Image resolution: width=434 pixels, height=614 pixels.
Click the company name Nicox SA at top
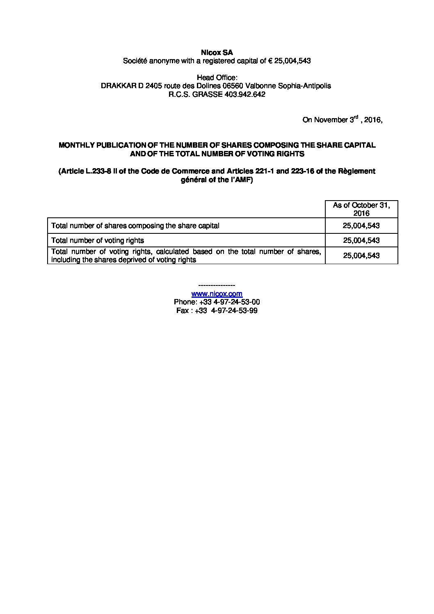click(217, 52)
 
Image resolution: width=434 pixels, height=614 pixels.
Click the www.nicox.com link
click(217, 294)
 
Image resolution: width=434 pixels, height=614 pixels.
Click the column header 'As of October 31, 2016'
click(361, 209)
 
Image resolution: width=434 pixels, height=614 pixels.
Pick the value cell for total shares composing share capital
click(361, 226)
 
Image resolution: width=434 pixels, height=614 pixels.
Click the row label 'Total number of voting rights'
click(98, 240)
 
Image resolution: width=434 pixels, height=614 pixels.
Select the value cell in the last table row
click(361, 256)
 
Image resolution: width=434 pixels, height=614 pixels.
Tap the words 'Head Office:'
click(217, 78)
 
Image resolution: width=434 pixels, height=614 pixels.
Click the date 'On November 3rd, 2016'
click(342, 120)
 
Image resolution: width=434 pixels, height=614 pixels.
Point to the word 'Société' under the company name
click(135, 61)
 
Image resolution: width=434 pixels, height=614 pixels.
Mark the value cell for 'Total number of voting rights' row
click(361, 240)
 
